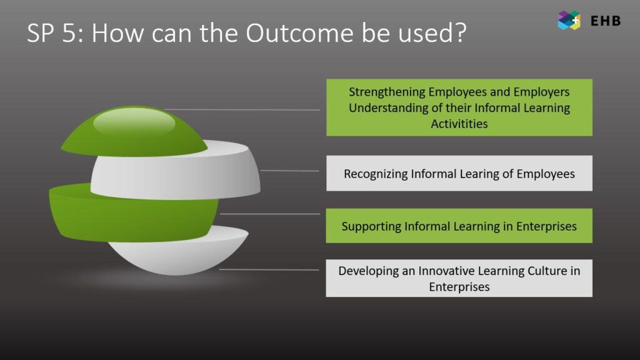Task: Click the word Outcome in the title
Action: point(299,32)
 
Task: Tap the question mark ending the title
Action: point(461,32)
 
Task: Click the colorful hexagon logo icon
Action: point(569,21)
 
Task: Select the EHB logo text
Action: point(606,21)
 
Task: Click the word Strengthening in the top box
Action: point(387,92)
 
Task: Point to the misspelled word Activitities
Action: point(459,124)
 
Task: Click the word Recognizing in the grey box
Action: point(376,174)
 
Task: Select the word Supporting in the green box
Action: point(371,226)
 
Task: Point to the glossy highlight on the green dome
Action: point(134,122)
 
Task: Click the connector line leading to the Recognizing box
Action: point(290,171)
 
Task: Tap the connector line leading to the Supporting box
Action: point(269,214)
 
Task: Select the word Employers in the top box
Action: point(541,92)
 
